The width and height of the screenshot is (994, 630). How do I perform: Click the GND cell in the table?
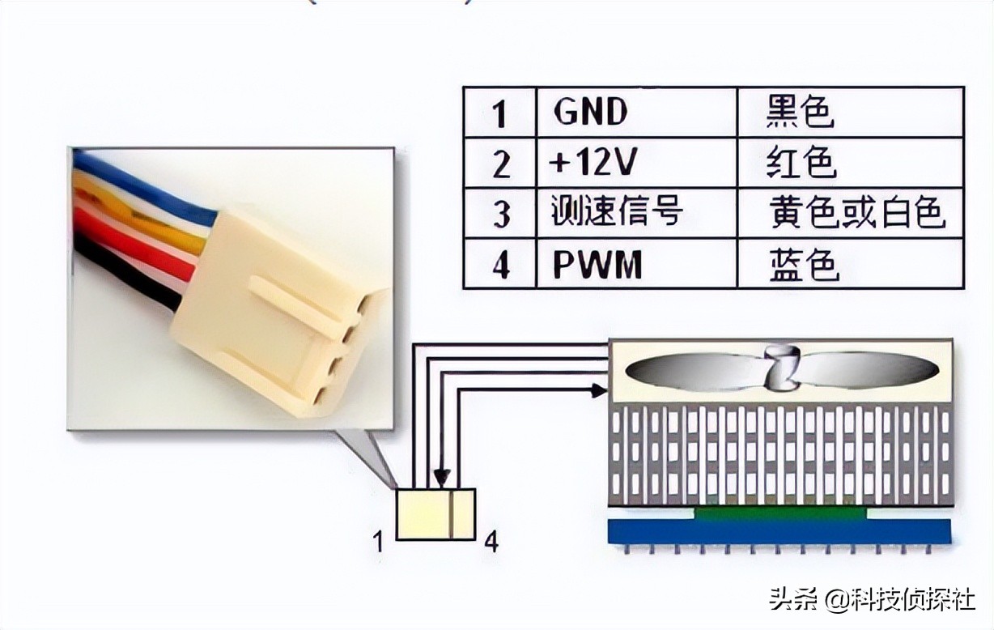[x=591, y=112]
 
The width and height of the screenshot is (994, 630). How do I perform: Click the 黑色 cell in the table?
[x=800, y=112]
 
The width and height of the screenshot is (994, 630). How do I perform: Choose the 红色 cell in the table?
[x=801, y=164]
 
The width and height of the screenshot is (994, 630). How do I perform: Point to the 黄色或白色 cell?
[x=856, y=213]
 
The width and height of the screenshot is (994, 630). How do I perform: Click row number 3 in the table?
[x=501, y=214]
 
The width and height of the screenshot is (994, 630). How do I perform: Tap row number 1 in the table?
[x=499, y=113]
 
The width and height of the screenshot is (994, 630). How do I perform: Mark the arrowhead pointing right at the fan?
[x=598, y=390]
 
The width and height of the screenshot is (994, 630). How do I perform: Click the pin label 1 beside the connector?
[x=378, y=541]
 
